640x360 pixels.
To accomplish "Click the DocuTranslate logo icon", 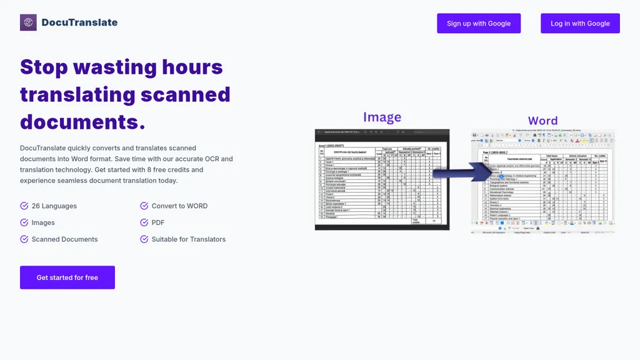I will pyautogui.click(x=28, y=22).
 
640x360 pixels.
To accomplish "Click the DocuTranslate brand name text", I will pyautogui.click(x=79, y=22).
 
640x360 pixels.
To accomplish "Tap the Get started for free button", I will pyautogui.click(x=67, y=277).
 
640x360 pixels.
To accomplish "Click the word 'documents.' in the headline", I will pyautogui.click(x=82, y=122).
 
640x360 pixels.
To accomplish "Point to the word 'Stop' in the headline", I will pyautogui.click(x=44, y=67).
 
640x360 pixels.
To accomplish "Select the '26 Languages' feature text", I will pyautogui.click(x=54, y=206).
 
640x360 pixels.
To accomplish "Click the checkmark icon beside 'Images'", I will pyautogui.click(x=24, y=222).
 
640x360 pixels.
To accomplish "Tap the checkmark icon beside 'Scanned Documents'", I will pyautogui.click(x=24, y=239).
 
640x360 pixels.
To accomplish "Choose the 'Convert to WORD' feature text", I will pyautogui.click(x=179, y=206).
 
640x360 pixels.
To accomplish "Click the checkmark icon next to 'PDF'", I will pyautogui.click(x=144, y=222).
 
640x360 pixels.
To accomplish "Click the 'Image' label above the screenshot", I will pyautogui.click(x=382, y=117).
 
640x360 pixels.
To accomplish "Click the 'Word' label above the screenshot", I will pyautogui.click(x=542, y=121).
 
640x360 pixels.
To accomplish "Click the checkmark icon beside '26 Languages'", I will pyautogui.click(x=24, y=206).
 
